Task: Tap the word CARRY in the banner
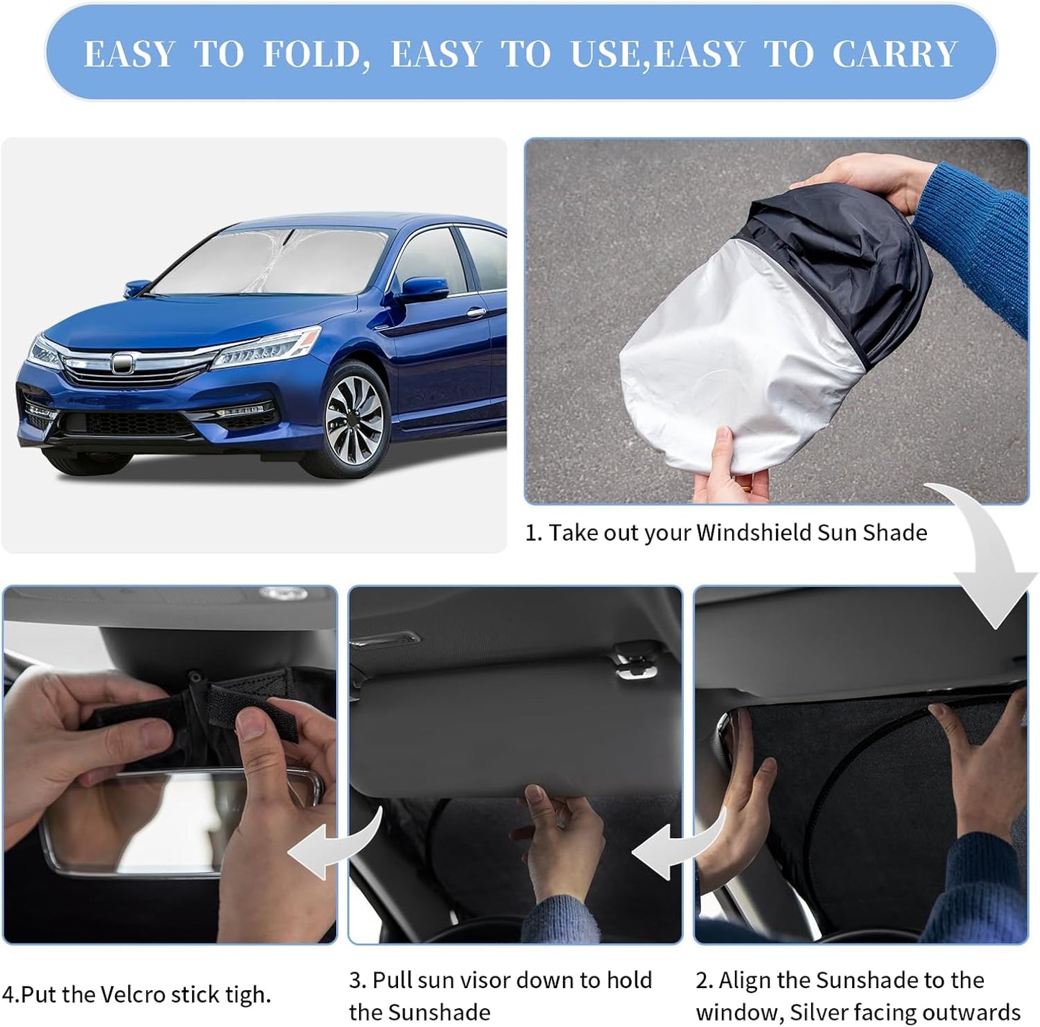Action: [x=895, y=54]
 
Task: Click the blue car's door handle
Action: [x=476, y=313]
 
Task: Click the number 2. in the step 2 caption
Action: [x=705, y=980]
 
